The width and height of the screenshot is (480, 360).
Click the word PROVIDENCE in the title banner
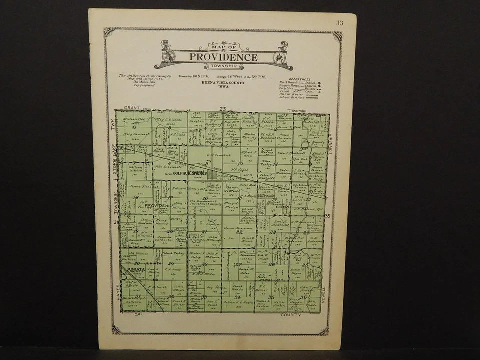coord(223,57)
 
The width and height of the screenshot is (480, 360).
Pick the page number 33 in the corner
coord(339,23)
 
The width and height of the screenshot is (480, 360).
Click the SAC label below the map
coord(139,315)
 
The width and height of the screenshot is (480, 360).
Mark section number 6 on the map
coord(134,127)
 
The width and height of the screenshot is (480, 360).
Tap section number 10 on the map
coord(240,163)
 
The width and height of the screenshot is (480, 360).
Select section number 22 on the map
coord(240,232)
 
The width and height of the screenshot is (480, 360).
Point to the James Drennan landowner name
coord(237,228)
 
